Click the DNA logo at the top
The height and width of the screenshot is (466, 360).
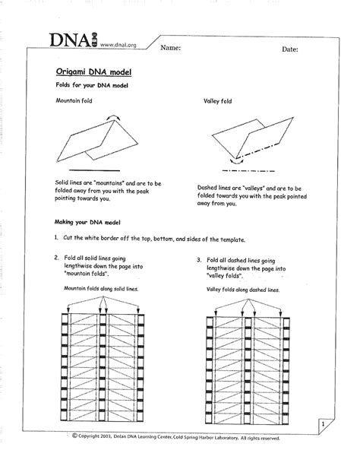(x=71, y=41)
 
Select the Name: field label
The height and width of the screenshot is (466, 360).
(x=170, y=48)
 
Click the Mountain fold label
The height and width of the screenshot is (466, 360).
(x=73, y=100)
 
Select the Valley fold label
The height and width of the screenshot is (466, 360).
(x=218, y=100)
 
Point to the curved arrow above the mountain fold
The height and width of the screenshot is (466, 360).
(x=114, y=113)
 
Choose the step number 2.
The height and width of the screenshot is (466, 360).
(x=56, y=258)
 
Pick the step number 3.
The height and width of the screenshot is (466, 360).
(x=199, y=259)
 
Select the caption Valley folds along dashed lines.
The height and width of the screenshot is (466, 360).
(x=242, y=290)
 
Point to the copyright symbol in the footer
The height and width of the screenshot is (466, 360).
(x=75, y=436)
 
